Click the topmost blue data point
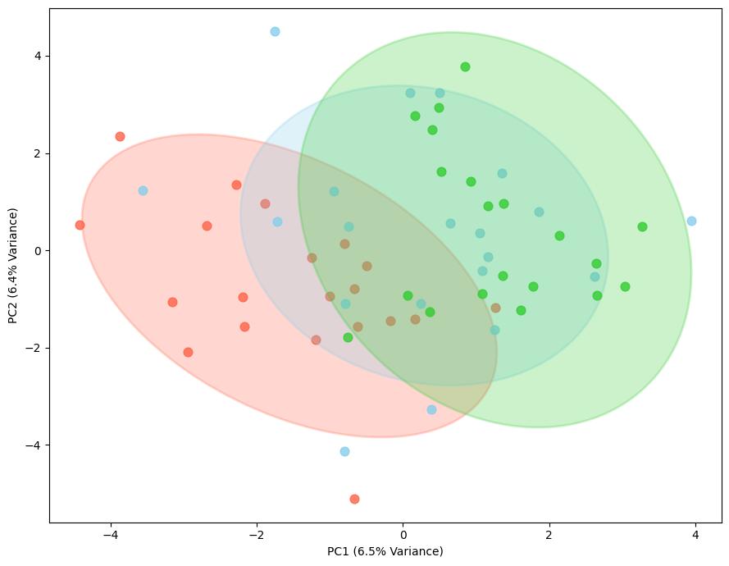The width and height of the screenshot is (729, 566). (275, 32)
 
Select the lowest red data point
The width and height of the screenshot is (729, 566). (354, 499)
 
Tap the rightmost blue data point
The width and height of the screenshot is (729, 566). (691, 221)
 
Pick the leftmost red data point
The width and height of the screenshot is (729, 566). (80, 225)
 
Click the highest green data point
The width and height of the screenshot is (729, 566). (465, 66)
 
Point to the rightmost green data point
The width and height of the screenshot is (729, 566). (642, 226)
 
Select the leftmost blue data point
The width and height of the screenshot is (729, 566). (143, 190)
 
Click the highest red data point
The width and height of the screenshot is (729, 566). (120, 136)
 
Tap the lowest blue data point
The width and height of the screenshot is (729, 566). (344, 451)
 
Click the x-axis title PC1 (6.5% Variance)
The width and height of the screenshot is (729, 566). (385, 551)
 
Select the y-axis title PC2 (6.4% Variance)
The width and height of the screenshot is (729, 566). (14, 265)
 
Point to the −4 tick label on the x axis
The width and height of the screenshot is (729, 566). (110, 535)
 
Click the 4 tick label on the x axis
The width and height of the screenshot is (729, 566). (696, 535)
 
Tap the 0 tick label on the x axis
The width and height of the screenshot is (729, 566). (403, 535)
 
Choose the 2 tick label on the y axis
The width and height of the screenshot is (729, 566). (38, 153)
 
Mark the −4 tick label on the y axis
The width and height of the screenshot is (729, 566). (34, 445)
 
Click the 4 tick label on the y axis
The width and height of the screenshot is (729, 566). (38, 56)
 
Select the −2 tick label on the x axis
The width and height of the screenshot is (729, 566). (256, 535)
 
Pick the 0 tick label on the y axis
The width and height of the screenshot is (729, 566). (38, 251)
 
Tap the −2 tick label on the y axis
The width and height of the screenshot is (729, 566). (34, 348)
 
